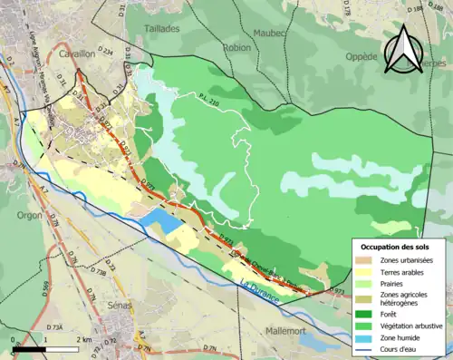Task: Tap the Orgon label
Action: tap(28, 216)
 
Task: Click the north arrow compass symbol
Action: tap(401, 50)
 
